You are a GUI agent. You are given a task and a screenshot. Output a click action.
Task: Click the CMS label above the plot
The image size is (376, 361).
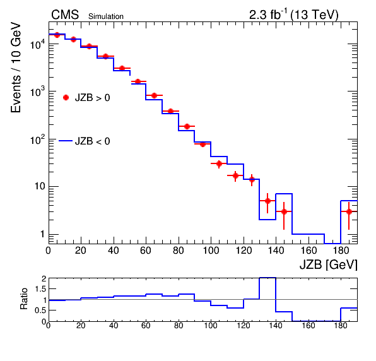pyautogui.click(x=65, y=15)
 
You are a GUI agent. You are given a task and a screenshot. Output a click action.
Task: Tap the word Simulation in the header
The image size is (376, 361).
pyautogui.click(x=106, y=16)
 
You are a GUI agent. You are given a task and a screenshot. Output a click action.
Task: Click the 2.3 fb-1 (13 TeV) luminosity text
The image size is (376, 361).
pyautogui.click(x=294, y=15)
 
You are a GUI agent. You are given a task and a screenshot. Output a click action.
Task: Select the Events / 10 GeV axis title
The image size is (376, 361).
pyautogui.click(x=16, y=68)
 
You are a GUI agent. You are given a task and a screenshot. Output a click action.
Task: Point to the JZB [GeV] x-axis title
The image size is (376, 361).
pyautogui.click(x=329, y=264)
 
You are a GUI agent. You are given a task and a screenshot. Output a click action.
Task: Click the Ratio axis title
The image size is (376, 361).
pyautogui.click(x=24, y=299)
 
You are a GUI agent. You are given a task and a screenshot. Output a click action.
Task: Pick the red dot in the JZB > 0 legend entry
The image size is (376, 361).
pyautogui.click(x=66, y=97)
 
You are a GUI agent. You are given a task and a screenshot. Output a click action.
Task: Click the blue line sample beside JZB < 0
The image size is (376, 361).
pyautogui.click(x=66, y=141)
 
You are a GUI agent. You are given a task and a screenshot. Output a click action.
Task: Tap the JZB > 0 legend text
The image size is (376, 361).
pyautogui.click(x=93, y=98)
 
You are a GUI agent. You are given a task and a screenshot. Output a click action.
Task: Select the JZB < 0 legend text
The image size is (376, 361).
pyautogui.click(x=93, y=141)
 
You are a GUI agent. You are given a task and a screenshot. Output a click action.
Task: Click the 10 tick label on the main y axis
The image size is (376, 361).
pyautogui.click(x=40, y=186)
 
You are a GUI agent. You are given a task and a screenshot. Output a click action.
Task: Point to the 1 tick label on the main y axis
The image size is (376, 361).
pyautogui.click(x=42, y=234)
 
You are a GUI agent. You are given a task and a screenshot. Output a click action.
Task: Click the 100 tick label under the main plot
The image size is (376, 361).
pyautogui.click(x=211, y=251)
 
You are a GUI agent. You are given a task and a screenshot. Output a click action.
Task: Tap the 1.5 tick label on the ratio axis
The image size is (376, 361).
pyautogui.click(x=40, y=289)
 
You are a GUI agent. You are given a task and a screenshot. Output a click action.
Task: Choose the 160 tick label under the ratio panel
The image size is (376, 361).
pyautogui.click(x=308, y=326)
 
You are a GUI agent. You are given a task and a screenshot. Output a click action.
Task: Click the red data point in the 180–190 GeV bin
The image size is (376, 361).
pyautogui.click(x=349, y=211)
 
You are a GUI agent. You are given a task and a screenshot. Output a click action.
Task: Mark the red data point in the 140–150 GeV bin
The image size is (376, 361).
pyautogui.click(x=284, y=211)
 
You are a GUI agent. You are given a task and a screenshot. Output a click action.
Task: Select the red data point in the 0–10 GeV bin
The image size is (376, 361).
pyautogui.click(x=57, y=35)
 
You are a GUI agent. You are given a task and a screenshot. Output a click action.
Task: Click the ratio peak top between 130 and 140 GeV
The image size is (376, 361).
pyautogui.click(x=267, y=278)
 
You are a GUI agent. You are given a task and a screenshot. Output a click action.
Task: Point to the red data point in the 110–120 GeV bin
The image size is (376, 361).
pyautogui.click(x=235, y=175)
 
